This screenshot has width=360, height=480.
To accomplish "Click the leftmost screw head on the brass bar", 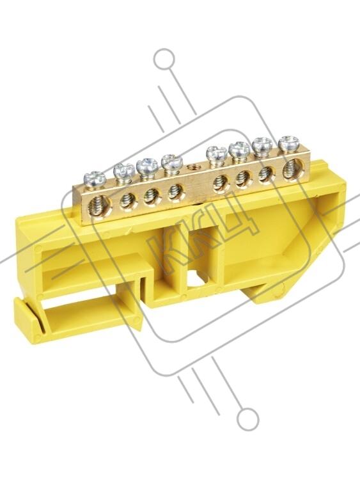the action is pyautogui.click(x=95, y=179).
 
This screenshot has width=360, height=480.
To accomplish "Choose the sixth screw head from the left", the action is pyautogui.click(x=240, y=149).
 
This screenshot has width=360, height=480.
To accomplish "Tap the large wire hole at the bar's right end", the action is pyautogui.click(x=293, y=169).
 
